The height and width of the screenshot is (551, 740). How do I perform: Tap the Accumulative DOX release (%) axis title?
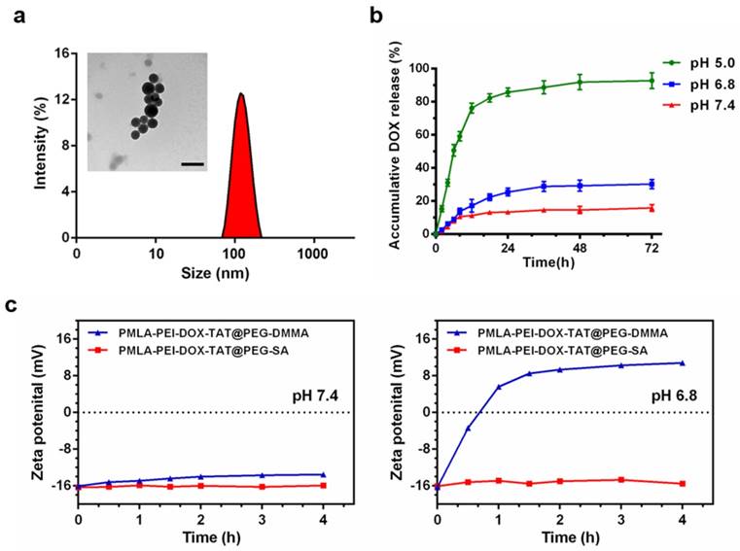click(398, 151)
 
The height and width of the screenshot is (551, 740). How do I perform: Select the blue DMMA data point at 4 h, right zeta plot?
click(683, 363)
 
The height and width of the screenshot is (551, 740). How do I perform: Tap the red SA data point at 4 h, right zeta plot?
click(683, 484)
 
